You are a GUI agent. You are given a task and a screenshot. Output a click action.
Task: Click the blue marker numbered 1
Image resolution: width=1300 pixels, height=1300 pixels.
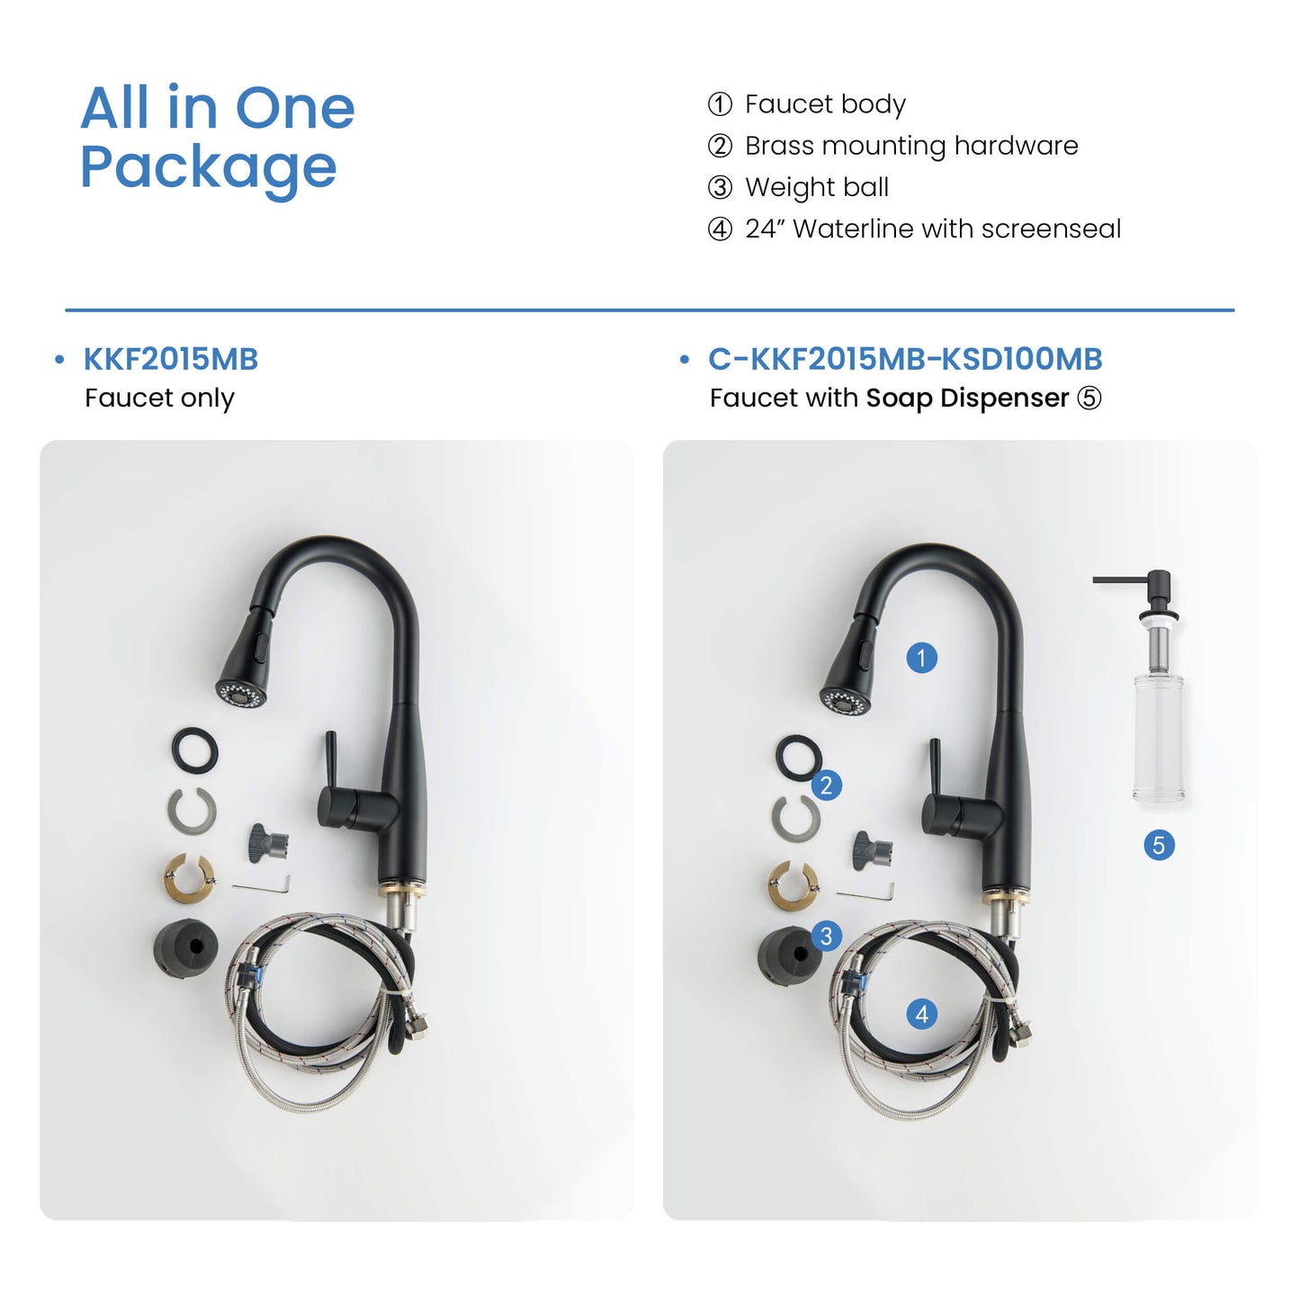tap(921, 657)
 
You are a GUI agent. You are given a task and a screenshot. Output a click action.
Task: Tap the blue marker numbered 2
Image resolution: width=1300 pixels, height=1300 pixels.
tap(827, 785)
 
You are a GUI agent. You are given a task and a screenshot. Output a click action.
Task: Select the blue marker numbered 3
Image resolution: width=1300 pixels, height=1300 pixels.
tap(827, 937)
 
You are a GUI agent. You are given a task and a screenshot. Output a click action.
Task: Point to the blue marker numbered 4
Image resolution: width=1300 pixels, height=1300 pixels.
tap(921, 1014)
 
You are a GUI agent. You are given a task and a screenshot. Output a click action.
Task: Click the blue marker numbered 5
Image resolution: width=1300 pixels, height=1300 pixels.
tap(1159, 846)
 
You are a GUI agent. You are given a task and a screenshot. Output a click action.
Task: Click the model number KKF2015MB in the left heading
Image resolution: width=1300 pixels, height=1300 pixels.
tap(171, 359)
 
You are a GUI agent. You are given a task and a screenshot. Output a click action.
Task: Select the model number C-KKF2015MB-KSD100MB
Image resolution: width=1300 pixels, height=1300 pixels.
tap(905, 359)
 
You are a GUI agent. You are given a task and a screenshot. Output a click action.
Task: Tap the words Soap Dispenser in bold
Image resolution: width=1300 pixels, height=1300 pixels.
tap(967, 398)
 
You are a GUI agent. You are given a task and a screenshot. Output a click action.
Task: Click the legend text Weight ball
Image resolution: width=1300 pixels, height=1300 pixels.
tap(816, 187)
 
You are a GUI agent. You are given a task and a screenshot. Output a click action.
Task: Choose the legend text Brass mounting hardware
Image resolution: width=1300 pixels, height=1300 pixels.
tap(911, 146)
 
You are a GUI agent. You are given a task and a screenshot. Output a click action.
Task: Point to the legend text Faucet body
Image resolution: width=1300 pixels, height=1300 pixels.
tap(825, 103)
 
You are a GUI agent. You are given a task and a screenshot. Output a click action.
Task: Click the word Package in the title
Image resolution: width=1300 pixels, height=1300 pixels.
tap(209, 168)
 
